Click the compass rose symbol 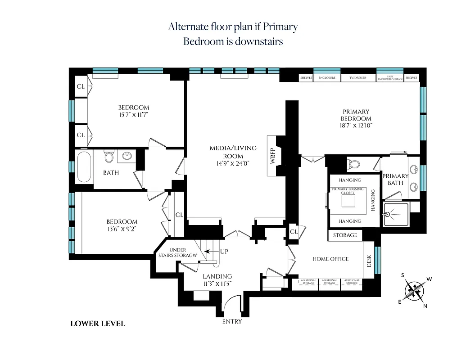414,290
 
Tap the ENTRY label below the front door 232,322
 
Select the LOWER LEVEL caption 98,324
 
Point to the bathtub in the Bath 84,167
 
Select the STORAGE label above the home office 345,235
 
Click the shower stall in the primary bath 396,215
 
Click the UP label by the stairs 224,252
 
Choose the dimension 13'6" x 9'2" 122,229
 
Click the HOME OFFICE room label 330,259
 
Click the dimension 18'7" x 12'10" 356,125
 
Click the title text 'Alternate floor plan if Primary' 233,27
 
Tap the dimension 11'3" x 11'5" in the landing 217,283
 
